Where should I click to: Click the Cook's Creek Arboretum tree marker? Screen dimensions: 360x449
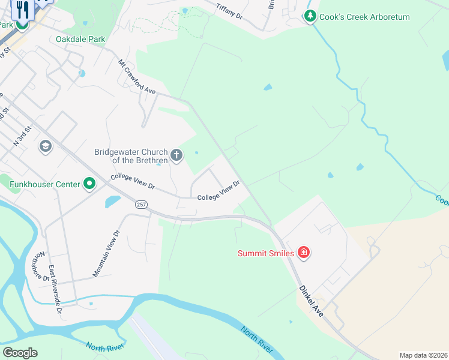tap(310, 17)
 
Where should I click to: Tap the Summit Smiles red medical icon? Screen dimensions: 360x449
tap(304, 253)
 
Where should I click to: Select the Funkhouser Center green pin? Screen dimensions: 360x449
tap(89, 184)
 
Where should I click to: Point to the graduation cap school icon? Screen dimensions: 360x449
tap(45, 146)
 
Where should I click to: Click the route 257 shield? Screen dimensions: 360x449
tap(141, 205)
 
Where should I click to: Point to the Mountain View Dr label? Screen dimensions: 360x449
tap(107, 254)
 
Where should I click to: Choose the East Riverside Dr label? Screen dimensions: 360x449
tap(55, 290)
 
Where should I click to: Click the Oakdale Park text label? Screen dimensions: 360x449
tap(80, 40)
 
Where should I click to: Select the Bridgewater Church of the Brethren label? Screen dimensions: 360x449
tap(130, 156)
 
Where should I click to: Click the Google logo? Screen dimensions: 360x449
tap(20, 353)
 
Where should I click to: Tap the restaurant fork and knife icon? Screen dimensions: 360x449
tap(23, 10)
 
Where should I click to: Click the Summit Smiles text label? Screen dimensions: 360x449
tap(266, 253)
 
